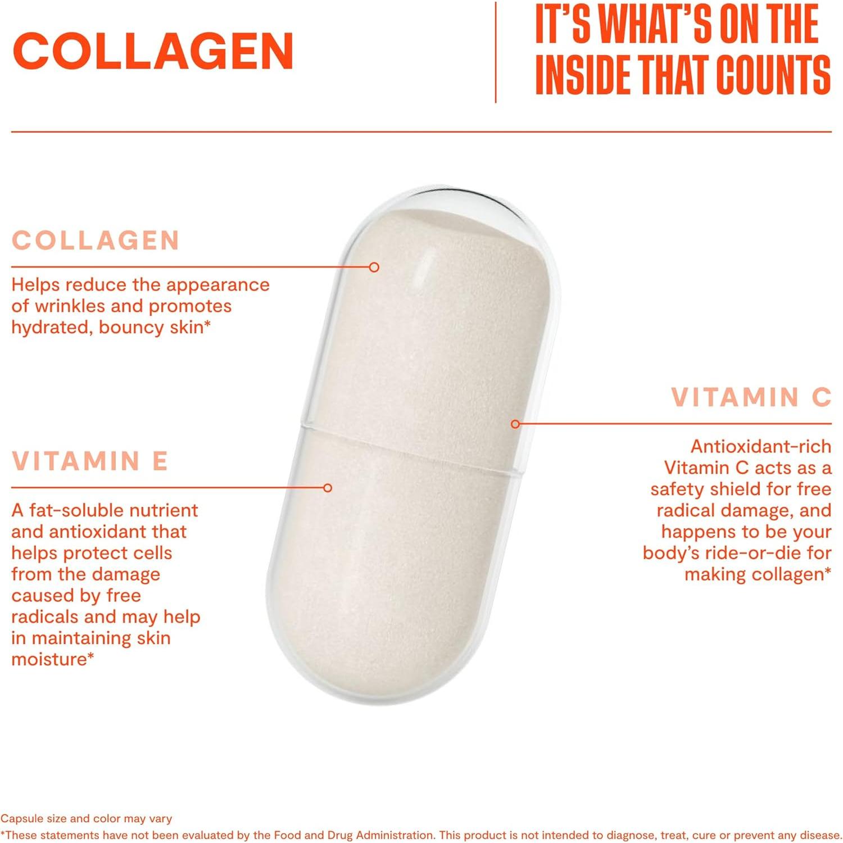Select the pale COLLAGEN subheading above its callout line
[96, 241]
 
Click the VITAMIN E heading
[90, 461]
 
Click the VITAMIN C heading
[751, 397]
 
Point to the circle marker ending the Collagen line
[374, 268]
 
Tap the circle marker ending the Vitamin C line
[515, 424]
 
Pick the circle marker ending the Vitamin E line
[328, 488]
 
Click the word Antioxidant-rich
[760, 446]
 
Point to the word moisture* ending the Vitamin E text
[52, 659]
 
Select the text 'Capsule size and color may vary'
[86, 819]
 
